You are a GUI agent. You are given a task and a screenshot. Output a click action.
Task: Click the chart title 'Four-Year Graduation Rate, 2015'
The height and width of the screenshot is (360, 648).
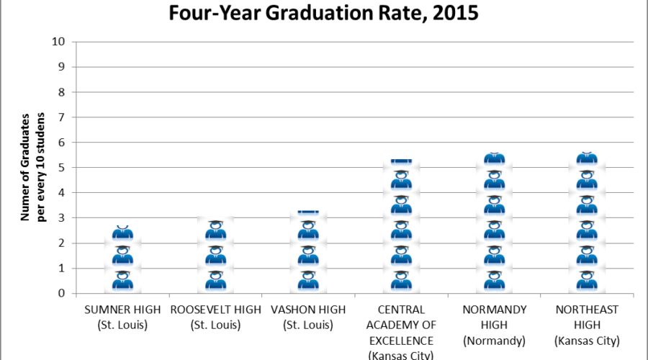click(323, 13)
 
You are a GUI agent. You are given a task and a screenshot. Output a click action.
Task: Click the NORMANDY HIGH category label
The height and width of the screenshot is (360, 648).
click(494, 316)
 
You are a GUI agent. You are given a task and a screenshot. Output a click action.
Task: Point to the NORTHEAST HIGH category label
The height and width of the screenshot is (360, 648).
click(587, 316)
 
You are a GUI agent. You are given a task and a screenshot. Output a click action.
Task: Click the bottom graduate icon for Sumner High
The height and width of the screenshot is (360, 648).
click(122, 281)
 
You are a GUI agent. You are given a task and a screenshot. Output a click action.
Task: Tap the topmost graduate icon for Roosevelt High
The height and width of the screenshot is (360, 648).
click(215, 230)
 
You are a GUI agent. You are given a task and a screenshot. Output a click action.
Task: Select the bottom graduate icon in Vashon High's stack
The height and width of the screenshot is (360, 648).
click(308, 281)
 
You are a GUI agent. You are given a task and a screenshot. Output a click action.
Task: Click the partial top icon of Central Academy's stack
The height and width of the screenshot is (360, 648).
click(401, 161)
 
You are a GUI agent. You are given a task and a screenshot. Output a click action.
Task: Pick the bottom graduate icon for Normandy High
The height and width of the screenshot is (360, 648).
click(494, 281)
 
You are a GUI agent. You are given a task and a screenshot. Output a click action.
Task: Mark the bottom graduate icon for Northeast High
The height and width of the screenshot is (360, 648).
click(587, 281)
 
